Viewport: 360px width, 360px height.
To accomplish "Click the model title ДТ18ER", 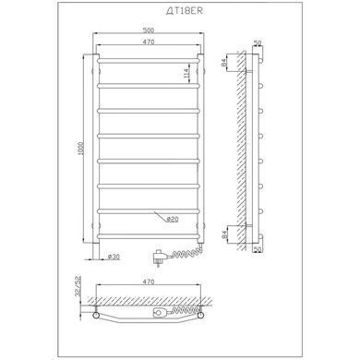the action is [x=185, y=11].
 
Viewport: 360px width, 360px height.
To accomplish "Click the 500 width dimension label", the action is [x=149, y=30].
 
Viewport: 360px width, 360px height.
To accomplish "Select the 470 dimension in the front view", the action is [x=149, y=42].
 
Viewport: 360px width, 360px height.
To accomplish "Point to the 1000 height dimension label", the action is [x=80, y=149].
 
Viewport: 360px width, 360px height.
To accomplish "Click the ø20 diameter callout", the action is [x=172, y=220].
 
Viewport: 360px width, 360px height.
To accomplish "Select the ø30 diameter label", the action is [x=114, y=257].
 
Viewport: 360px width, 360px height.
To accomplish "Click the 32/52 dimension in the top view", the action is [x=78, y=286].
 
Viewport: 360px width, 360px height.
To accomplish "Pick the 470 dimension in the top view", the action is [x=149, y=282].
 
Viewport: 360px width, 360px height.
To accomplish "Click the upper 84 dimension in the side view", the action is [x=224, y=63].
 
